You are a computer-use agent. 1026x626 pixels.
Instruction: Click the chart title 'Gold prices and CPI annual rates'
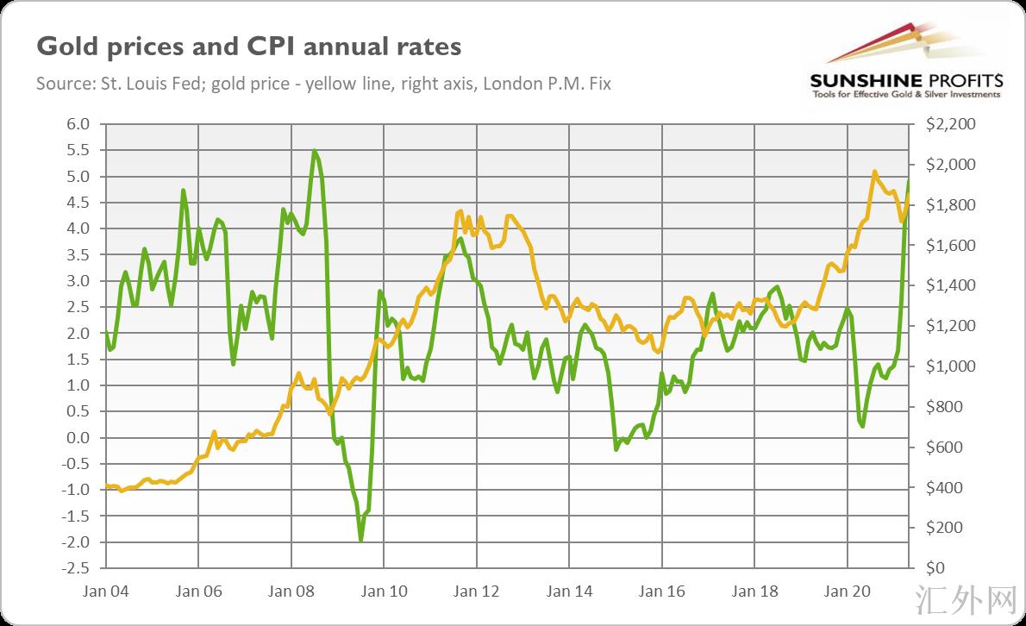tap(248, 46)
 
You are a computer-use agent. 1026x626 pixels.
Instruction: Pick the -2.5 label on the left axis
tap(77, 568)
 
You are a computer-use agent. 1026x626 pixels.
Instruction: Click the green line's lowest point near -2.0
tap(360, 541)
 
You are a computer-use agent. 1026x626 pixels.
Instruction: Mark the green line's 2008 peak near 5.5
tap(314, 151)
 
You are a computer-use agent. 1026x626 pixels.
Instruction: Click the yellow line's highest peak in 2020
tap(875, 172)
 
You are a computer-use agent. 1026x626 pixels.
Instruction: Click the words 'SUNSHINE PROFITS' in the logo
tap(906, 80)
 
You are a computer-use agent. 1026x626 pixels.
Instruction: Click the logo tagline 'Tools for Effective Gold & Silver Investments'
tap(906, 94)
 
